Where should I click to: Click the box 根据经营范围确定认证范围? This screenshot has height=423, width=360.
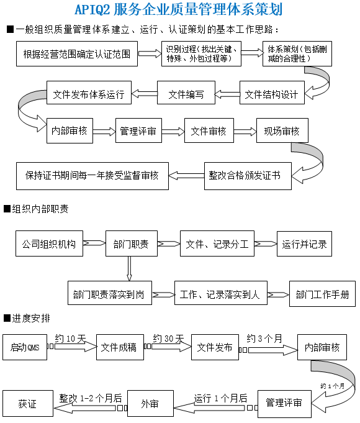(x=77, y=53)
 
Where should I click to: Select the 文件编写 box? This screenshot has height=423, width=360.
(x=186, y=93)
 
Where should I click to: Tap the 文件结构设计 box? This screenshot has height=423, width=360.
(x=272, y=93)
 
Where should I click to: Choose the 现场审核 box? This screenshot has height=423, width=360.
(x=282, y=130)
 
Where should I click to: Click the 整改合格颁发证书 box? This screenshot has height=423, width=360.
(x=248, y=176)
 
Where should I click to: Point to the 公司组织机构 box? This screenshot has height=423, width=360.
(x=50, y=243)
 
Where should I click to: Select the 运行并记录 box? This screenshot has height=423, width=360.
(x=304, y=243)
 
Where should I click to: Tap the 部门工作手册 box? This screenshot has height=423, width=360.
(x=322, y=294)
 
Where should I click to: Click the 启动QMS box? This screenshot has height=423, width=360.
(x=25, y=347)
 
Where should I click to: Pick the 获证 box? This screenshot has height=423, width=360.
(x=28, y=403)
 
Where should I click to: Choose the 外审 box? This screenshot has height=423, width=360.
(x=150, y=403)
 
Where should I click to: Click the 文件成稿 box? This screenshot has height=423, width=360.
(x=120, y=347)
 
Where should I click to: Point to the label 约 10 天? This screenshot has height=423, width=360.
(x=70, y=339)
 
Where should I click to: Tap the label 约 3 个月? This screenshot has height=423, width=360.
(x=264, y=339)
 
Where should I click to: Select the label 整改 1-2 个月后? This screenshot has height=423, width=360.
(x=91, y=398)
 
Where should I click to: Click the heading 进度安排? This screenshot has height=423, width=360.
(x=27, y=318)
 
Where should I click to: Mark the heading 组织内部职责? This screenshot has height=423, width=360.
(x=36, y=209)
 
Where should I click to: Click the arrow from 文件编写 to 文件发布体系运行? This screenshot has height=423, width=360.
(x=144, y=94)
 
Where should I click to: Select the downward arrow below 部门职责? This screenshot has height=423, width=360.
(x=129, y=269)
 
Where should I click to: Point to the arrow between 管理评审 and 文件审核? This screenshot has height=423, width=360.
(x=173, y=132)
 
